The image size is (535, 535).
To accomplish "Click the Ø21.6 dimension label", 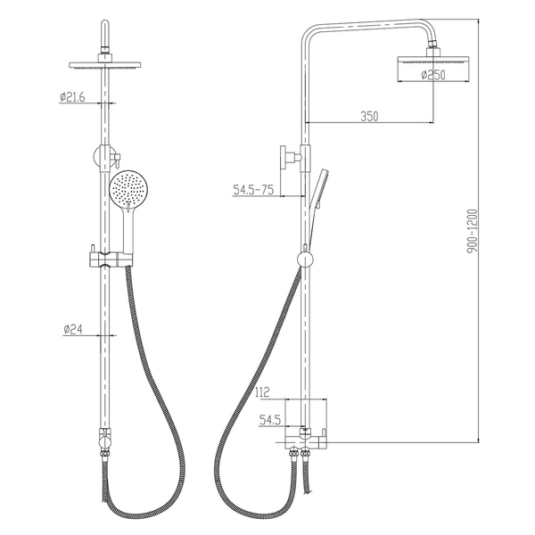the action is coord(72,97).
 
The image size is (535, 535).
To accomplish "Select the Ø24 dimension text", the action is coord(73,330).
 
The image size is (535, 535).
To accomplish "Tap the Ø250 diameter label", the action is coord(433,74).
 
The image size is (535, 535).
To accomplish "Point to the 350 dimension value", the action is coord(369,116).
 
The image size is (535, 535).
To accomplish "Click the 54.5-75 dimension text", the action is coord(253,190).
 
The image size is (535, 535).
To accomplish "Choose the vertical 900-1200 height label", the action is coord(473,231).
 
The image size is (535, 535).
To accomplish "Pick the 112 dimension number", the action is coord(261,392).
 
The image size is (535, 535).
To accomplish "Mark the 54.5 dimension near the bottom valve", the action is coord(270,420).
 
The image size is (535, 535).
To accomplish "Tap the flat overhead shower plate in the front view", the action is coord(104,65).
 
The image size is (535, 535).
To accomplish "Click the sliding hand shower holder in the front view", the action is coord(111,259).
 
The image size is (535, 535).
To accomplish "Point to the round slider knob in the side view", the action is coord(305,260).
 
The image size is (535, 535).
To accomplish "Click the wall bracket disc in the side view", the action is coord(284,157).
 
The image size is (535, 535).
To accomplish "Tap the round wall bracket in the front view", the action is coord(102,157).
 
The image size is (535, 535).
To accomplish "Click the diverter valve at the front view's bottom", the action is coord(104,440).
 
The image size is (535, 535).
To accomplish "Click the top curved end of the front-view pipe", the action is coord(105,26).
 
